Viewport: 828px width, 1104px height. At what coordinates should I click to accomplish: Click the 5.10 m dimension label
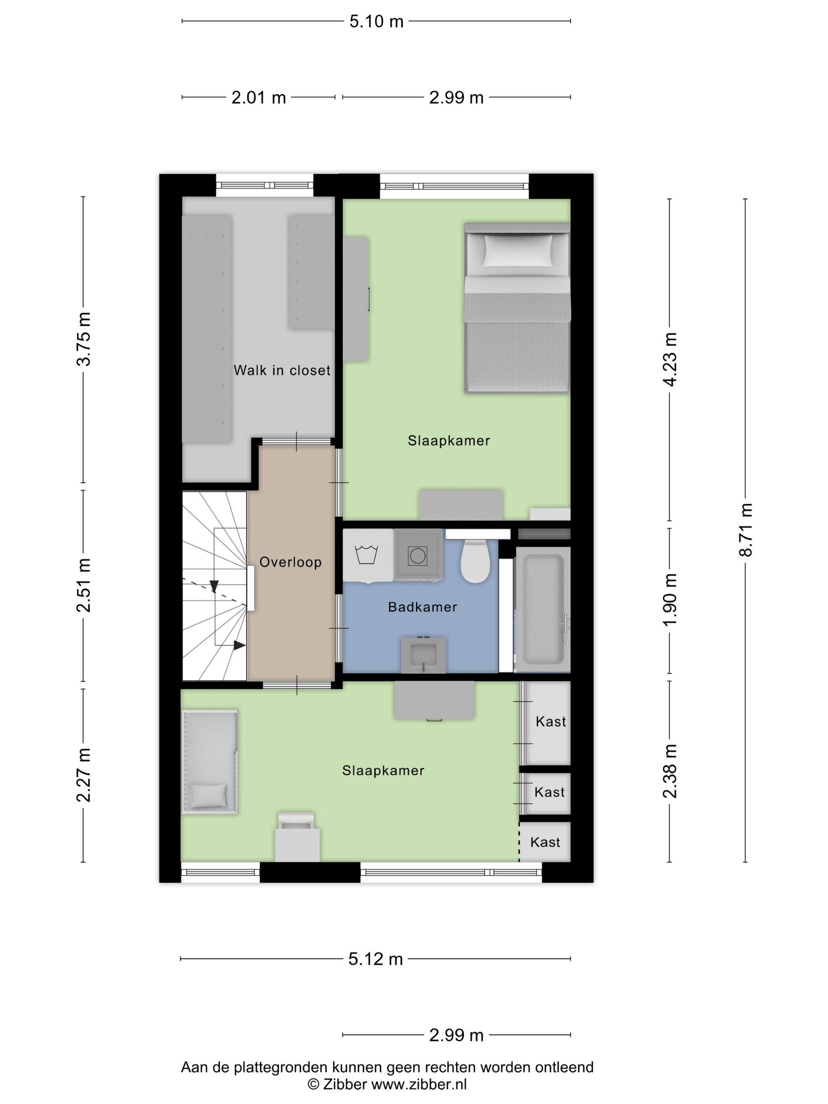(376, 21)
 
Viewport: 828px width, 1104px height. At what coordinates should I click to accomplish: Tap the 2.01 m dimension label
(258, 97)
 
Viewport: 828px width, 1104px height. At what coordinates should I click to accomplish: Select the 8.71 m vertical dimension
(746, 530)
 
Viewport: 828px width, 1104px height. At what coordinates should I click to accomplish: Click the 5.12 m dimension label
(375, 959)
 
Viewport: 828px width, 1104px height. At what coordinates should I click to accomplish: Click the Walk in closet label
(282, 370)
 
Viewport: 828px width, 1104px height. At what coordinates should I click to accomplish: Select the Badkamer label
(422, 607)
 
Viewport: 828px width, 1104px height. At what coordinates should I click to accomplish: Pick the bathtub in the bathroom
(543, 610)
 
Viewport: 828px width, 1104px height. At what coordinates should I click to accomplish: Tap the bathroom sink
(423, 655)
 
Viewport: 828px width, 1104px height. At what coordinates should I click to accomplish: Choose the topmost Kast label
(550, 722)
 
